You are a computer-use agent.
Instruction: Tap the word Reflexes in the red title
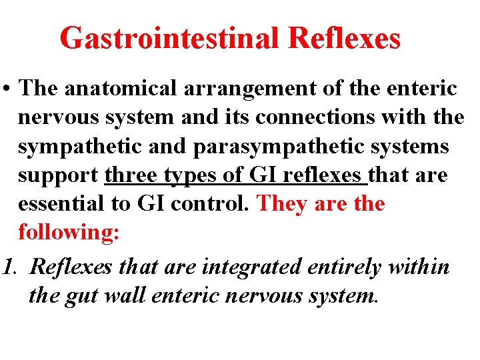pyautogui.click(x=345, y=39)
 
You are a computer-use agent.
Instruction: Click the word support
pyautogui.click(x=58, y=176)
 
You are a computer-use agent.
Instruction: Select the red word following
pyautogui.click(x=68, y=233)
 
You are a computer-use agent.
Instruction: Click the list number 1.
pyautogui.click(x=8, y=267)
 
